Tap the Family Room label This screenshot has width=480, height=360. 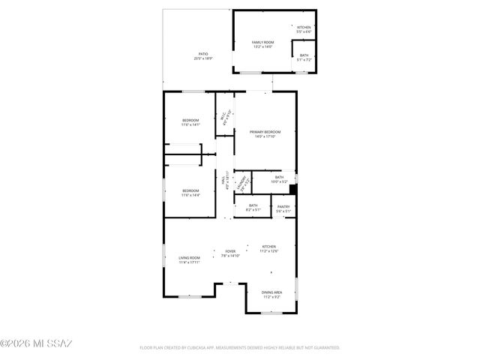262,44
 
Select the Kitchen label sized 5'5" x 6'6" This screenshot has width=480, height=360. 303,30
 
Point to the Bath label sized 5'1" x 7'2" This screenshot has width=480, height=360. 304,58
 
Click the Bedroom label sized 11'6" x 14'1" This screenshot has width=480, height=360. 190,122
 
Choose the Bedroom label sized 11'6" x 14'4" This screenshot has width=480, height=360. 190,193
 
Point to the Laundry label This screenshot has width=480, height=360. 242,182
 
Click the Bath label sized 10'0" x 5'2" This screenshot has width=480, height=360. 279,179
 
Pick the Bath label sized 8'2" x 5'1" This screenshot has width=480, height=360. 253,208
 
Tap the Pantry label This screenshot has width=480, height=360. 283,208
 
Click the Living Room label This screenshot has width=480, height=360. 189,259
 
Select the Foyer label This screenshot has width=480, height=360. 230,253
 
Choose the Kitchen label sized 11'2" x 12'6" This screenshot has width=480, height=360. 269,249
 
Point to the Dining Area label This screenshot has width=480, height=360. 271,294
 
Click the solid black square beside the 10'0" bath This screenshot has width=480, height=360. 293,190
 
